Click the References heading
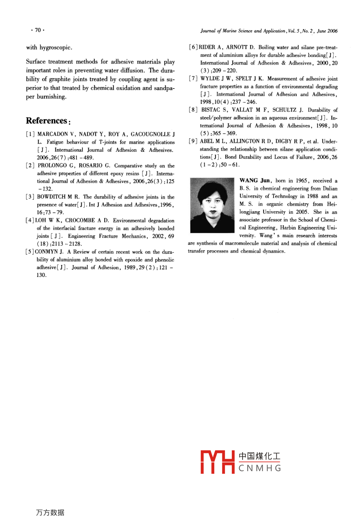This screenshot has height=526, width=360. [47, 120]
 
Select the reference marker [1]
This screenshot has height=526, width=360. [30, 134]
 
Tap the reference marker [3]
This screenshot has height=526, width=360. [30, 197]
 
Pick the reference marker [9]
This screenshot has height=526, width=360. [193, 141]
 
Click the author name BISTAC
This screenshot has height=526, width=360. [210, 110]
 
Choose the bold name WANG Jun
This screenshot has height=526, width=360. [254, 181]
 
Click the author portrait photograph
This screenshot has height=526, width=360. [212, 205]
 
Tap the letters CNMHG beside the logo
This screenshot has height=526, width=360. [260, 468]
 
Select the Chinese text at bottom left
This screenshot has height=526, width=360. [50, 513]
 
